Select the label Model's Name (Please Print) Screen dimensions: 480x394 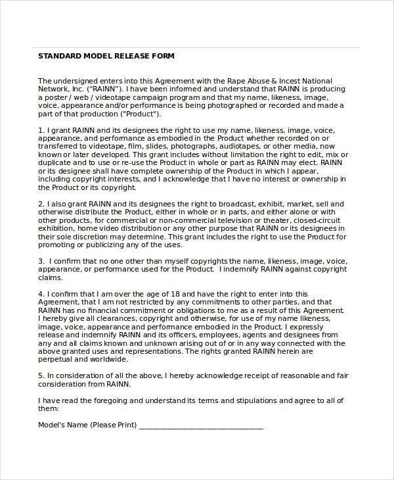coord(87,424)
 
